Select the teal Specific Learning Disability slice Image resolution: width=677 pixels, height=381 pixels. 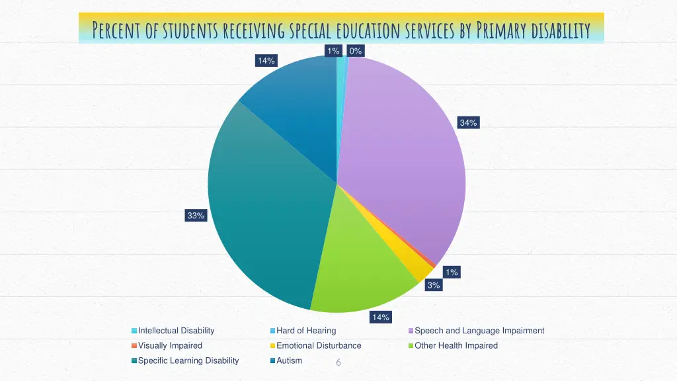pyautogui.click(x=264, y=212)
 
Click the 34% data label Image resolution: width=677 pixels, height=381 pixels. pyautogui.click(x=468, y=122)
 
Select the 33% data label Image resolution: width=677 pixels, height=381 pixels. pyautogui.click(x=196, y=215)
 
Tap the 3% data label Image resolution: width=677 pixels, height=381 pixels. pyautogui.click(x=434, y=285)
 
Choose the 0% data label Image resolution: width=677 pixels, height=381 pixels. pyautogui.click(x=356, y=51)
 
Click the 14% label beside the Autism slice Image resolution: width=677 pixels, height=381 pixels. pyautogui.click(x=266, y=61)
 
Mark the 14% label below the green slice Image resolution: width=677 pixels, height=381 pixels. pyautogui.click(x=380, y=317)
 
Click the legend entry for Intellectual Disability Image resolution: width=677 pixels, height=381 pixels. pyautogui.click(x=176, y=331)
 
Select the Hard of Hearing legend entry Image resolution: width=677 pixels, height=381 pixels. pyautogui.click(x=306, y=331)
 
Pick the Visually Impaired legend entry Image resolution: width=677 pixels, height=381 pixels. pyautogui.click(x=170, y=345)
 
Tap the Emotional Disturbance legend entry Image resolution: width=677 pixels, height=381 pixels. pyautogui.click(x=319, y=345)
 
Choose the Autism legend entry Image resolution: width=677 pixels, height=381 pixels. pyautogui.click(x=289, y=360)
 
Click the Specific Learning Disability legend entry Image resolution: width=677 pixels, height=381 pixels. pyautogui.click(x=188, y=360)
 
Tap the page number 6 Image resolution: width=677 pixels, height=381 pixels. pyautogui.click(x=338, y=362)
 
